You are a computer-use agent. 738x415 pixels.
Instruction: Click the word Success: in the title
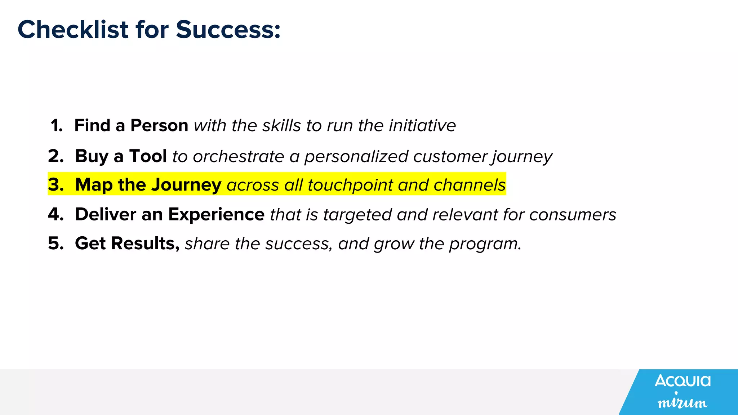coord(228,30)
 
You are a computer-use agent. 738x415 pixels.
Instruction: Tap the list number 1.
coord(57,126)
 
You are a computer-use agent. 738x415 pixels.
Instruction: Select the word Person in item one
coord(159,126)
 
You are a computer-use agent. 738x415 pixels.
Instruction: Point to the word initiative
coord(422,126)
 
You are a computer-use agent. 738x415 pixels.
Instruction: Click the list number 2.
coord(56,156)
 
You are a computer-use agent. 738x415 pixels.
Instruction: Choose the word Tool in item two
coord(148,156)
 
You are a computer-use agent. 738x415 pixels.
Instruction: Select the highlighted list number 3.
coord(56,185)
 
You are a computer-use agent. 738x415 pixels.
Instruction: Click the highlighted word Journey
coord(186,185)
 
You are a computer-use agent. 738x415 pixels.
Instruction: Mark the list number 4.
coord(56,215)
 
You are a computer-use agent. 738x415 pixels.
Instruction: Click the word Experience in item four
coord(216,215)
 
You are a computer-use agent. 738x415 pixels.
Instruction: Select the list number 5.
coord(56,244)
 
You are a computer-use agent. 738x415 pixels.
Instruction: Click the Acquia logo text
coord(683,381)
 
